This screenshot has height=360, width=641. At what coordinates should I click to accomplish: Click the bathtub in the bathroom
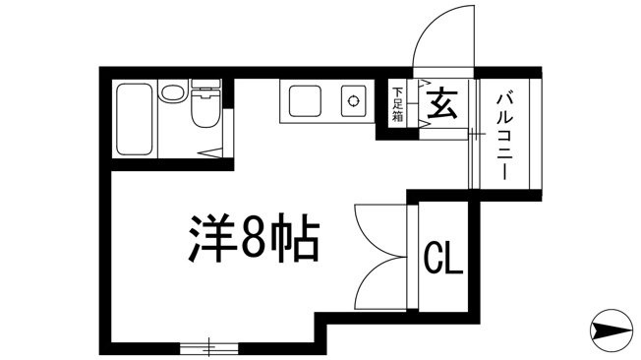(135, 119)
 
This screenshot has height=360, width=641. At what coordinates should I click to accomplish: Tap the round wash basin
(172, 92)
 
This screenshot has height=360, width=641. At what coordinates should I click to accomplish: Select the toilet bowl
(205, 109)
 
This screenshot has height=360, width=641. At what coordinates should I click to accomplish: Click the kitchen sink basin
(305, 100)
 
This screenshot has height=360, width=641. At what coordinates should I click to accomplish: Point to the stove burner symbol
(353, 100)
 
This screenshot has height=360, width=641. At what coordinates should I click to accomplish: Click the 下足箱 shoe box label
(397, 104)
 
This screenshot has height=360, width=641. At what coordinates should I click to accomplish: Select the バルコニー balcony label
(505, 136)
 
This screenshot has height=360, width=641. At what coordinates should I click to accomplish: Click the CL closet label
(443, 257)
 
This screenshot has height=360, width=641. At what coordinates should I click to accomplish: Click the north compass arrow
(612, 330)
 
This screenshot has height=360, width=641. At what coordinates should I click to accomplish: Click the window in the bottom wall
(208, 348)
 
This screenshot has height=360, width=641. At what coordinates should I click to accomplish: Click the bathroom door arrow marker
(209, 153)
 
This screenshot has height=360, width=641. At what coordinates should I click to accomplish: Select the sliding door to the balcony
(473, 134)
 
